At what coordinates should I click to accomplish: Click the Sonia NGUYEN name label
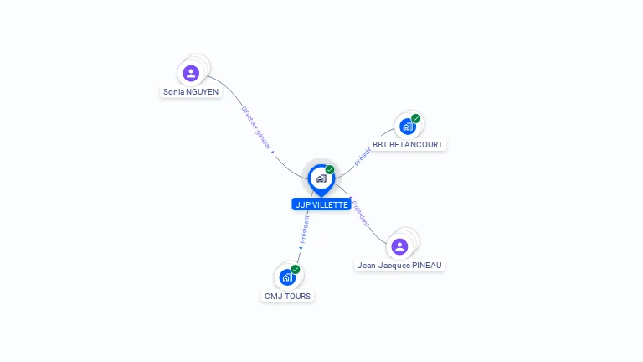point(191,90)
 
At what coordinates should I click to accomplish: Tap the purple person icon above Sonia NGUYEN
point(191,73)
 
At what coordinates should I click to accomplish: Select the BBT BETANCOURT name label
point(408,144)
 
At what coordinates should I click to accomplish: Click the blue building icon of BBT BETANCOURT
point(407,127)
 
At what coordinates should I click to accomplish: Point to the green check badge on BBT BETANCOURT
point(416,118)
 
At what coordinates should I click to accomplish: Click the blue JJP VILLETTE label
point(321,204)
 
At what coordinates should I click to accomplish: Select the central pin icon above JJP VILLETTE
point(321,178)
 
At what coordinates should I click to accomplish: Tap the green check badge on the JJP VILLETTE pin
point(330,170)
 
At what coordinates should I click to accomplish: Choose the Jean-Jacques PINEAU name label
point(399,265)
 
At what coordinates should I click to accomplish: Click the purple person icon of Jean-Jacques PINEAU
point(399,246)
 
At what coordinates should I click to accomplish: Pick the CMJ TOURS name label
point(287,296)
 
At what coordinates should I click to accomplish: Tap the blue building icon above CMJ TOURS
point(287,277)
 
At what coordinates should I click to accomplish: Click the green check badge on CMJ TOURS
point(296,269)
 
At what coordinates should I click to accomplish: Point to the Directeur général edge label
point(256,128)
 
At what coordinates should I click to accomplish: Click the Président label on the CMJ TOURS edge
point(304,229)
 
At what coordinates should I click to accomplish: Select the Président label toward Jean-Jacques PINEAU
point(361,215)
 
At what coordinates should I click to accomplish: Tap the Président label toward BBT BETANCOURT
point(362,157)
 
